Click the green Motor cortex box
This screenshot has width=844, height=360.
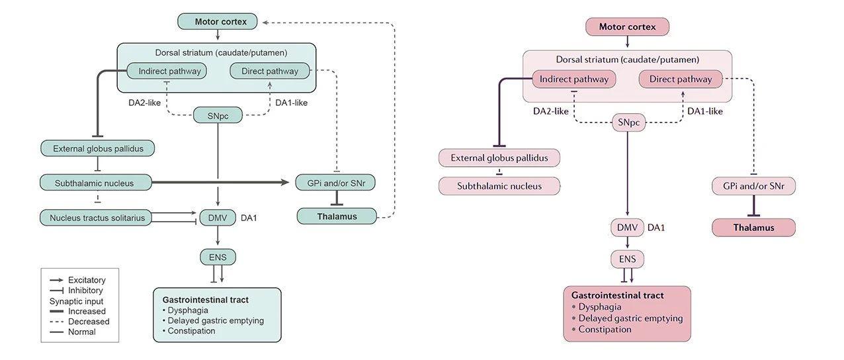(x=218, y=21)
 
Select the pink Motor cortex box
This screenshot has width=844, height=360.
(x=627, y=26)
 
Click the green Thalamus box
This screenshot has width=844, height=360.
(x=337, y=216)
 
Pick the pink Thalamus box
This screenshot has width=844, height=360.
(x=753, y=228)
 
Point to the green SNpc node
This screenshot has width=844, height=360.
(x=218, y=115)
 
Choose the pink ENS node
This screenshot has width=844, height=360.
(x=627, y=259)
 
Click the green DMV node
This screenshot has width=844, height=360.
(x=218, y=218)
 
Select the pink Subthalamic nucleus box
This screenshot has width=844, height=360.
(x=499, y=186)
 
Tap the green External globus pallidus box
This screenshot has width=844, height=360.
(x=98, y=148)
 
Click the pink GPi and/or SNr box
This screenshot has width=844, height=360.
(x=753, y=186)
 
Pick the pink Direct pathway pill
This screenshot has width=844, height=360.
(x=681, y=79)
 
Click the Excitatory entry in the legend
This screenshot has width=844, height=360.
(x=77, y=280)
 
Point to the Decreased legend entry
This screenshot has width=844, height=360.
(x=79, y=322)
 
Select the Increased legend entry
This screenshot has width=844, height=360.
(x=77, y=312)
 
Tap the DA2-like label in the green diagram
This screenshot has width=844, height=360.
(x=145, y=103)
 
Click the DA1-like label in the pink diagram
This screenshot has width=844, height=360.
(x=705, y=111)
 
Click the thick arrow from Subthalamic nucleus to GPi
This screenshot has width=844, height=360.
(x=220, y=183)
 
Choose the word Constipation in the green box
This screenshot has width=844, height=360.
(x=191, y=331)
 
